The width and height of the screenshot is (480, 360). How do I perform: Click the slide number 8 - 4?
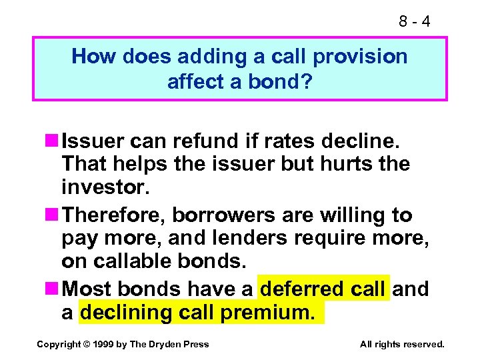tap(414, 21)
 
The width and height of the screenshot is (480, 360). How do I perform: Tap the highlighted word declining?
tap(127, 311)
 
